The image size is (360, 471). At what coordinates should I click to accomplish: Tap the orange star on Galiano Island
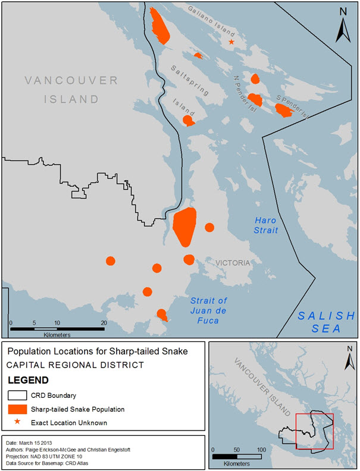tap(231, 42)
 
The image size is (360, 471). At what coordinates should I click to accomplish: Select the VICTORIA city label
tap(233, 262)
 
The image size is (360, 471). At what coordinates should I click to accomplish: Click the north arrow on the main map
tap(342, 24)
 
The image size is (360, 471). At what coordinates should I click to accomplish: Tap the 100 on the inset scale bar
tap(260, 449)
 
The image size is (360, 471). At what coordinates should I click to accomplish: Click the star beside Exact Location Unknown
tap(17, 422)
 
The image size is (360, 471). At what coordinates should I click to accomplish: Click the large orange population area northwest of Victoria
tap(184, 226)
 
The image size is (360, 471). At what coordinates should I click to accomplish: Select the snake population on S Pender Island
tap(283, 110)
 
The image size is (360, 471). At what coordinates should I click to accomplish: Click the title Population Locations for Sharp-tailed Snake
tap(98, 351)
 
